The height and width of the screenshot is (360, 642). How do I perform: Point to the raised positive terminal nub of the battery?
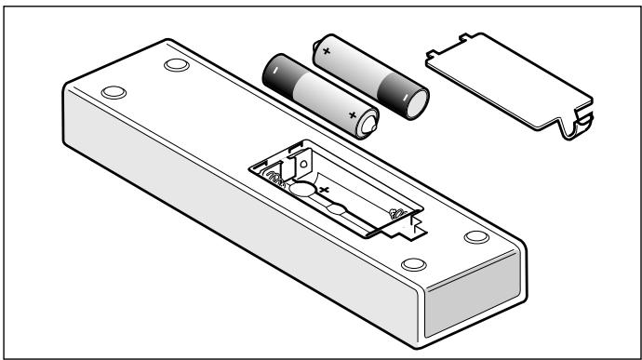370,121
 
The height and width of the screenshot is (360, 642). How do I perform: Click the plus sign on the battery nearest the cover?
327,53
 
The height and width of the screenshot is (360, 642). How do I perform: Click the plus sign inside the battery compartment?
326,189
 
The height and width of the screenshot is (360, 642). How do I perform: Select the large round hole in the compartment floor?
303,188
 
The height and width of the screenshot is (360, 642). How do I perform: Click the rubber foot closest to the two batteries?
174,66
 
